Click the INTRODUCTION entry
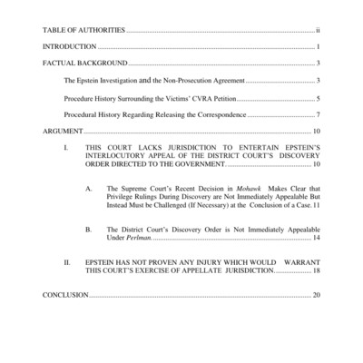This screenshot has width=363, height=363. pos(69,46)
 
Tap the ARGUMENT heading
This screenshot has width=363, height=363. pos(63,132)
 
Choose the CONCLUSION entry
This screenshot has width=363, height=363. pos(65,295)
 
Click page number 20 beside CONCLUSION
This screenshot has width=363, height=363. pos(316,295)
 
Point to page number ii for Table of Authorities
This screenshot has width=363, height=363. pos(317,30)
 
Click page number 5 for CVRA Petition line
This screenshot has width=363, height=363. pos(318,98)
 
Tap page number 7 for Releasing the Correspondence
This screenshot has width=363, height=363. pos(318,115)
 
